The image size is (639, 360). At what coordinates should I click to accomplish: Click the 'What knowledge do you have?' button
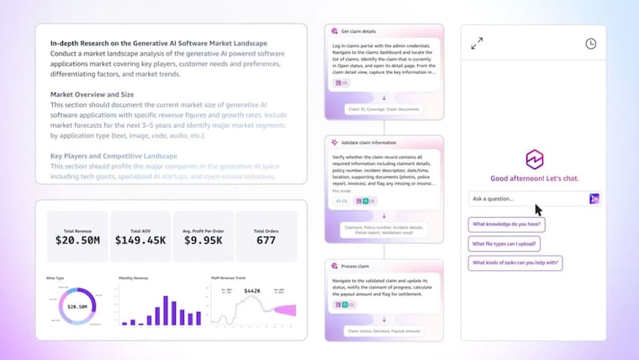point(507,224)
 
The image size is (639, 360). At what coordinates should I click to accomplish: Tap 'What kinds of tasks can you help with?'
point(515,262)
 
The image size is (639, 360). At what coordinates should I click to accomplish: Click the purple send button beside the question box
point(594,199)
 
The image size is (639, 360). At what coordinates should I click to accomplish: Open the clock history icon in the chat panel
point(591,44)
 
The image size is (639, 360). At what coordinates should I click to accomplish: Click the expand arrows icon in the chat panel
point(477,44)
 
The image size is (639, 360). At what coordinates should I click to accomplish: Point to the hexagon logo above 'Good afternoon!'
point(535,159)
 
